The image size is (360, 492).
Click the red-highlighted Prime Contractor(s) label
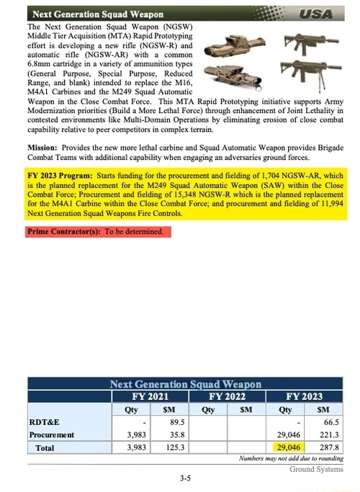(x=63, y=232)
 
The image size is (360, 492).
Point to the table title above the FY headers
(x=185, y=385)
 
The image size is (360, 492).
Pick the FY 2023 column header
(x=305, y=396)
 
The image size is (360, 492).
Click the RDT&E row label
(x=44, y=422)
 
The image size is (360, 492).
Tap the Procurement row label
(x=52, y=435)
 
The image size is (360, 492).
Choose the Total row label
(x=45, y=448)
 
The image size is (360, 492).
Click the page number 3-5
(x=185, y=478)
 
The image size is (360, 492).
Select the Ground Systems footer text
(x=317, y=470)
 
